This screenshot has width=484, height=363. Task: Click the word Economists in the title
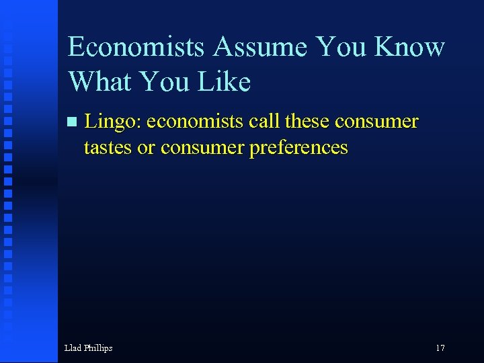pos(136,48)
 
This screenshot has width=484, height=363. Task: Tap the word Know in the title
pos(409,48)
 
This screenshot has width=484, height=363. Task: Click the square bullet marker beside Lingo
pos(72,122)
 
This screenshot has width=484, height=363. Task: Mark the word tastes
pos(108,147)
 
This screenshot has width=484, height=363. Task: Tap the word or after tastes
pos(146,147)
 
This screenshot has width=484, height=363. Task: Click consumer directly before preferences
pos(202,147)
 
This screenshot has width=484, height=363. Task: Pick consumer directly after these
pos(376,122)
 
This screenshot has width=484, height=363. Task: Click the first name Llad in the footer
pos(72,348)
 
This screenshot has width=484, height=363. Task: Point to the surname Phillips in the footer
pos(97,348)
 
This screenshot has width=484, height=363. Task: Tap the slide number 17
pos(440,348)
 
